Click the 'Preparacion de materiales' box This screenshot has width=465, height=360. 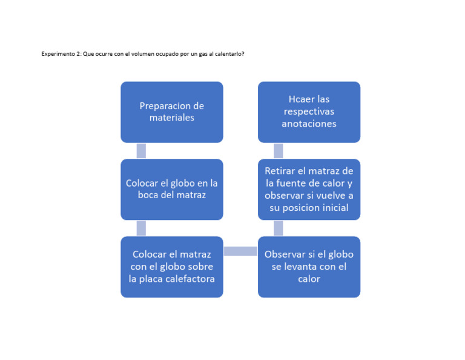pos(171,112)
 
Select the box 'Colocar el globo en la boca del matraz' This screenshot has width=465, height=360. pos(171,189)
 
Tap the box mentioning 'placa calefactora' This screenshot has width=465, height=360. pos(171,267)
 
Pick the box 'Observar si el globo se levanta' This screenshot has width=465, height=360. pos(309,267)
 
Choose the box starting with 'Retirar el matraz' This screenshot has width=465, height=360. pos(309,189)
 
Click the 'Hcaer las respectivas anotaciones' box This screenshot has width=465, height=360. pos(309,112)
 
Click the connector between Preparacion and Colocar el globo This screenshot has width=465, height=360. pos(141,151)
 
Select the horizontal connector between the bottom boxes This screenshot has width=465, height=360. pos(240,251)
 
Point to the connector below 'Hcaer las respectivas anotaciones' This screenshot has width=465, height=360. pos(279,151)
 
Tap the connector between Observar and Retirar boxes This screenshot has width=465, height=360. pos(279,228)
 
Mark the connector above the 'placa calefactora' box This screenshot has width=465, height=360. pos(141,228)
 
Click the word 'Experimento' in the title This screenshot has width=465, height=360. pos(56,54)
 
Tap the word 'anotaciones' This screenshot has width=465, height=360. pos(309,124)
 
